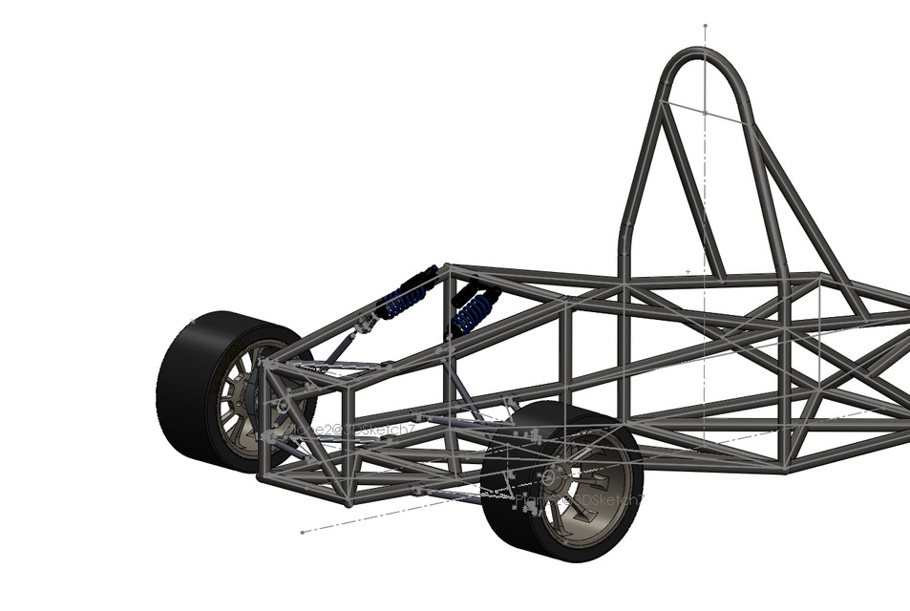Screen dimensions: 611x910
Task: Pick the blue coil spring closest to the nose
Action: (407, 299)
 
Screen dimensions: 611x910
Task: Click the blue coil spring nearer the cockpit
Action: (474, 311)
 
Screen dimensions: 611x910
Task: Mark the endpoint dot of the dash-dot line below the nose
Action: (302, 532)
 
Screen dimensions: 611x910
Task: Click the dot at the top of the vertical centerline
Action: (705, 26)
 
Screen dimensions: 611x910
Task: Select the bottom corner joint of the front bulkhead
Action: (349, 502)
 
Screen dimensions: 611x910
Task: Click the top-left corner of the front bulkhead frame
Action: (265, 363)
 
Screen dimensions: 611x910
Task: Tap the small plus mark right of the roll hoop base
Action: (688, 271)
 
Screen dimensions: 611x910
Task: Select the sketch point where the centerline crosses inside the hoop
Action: (705, 112)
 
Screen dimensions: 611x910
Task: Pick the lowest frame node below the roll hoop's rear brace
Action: (785, 469)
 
